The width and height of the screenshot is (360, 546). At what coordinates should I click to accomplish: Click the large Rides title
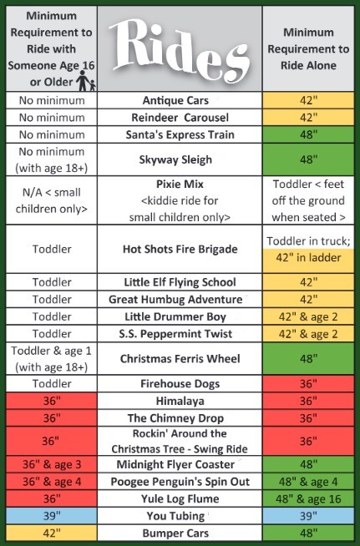point(180,49)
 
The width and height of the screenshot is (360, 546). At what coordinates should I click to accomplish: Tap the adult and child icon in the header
point(86,81)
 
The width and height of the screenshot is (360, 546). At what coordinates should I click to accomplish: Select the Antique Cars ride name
point(175,100)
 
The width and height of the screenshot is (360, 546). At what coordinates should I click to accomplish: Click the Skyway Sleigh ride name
point(175,159)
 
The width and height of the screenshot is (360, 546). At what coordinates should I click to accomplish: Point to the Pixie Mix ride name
point(180,184)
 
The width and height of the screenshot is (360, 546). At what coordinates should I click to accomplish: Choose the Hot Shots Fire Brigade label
point(180,249)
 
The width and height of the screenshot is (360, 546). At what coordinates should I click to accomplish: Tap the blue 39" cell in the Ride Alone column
point(308,516)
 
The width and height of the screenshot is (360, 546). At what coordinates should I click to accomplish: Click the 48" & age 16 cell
point(308,498)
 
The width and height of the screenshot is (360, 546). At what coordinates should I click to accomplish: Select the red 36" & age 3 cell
point(52,464)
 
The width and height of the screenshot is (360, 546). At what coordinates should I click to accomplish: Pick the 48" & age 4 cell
point(308,482)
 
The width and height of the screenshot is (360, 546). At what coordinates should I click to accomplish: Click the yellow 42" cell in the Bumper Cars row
point(52,533)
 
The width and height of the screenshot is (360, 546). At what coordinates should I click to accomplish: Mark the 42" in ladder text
point(308,258)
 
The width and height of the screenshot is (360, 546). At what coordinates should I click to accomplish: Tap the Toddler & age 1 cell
point(52,359)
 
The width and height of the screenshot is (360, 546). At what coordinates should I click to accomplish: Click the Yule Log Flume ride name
point(180,498)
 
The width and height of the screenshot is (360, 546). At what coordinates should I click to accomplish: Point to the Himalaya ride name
point(180,401)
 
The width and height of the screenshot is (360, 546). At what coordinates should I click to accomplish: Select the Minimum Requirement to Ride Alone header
point(308,48)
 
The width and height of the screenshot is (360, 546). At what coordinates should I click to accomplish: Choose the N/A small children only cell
point(52,200)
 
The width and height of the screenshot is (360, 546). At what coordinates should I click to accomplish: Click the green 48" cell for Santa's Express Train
point(308,134)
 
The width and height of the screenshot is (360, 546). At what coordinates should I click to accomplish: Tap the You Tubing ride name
point(175,516)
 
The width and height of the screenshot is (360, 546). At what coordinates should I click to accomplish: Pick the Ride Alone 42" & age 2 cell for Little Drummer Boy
point(308,316)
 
